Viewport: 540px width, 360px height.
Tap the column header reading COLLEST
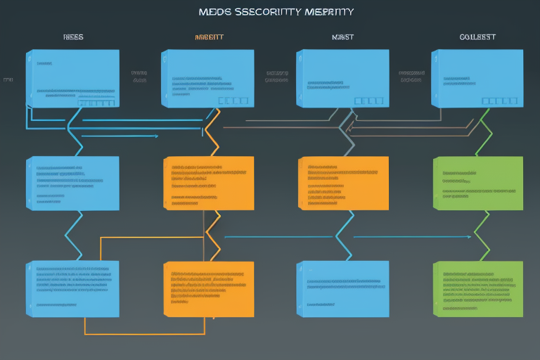coord(477,37)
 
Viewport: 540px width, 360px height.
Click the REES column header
coord(73,37)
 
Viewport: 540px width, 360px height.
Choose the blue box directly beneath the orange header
coord(207,77)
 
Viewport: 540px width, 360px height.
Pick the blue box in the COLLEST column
coord(477,77)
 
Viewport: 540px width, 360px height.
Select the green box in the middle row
coord(478,184)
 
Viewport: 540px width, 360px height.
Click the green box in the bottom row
coord(478,288)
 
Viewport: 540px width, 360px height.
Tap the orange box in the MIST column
coord(343,184)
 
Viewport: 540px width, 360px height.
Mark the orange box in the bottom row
coord(209,288)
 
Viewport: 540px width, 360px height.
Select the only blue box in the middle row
coord(73,184)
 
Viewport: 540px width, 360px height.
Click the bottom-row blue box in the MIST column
coord(343,288)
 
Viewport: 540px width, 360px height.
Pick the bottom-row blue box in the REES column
coord(73,288)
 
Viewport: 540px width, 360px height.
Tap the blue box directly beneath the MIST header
coord(342,77)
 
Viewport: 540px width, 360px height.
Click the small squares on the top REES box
coord(96,103)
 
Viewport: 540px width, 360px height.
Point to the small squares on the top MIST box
coord(368,101)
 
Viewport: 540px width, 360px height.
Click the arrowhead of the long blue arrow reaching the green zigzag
coord(469,237)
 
